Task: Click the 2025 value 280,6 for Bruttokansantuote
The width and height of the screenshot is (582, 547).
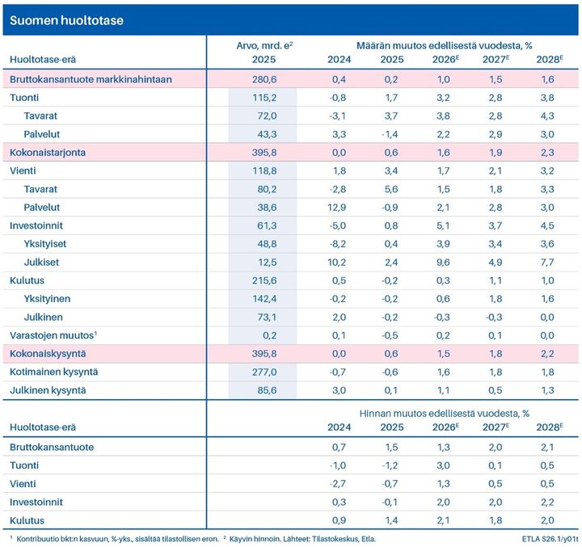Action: (x=264, y=80)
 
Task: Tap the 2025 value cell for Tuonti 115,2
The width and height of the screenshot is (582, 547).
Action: (x=264, y=98)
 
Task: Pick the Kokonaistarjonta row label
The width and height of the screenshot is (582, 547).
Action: (x=49, y=152)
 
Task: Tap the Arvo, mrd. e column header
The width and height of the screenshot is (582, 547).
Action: (x=264, y=46)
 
